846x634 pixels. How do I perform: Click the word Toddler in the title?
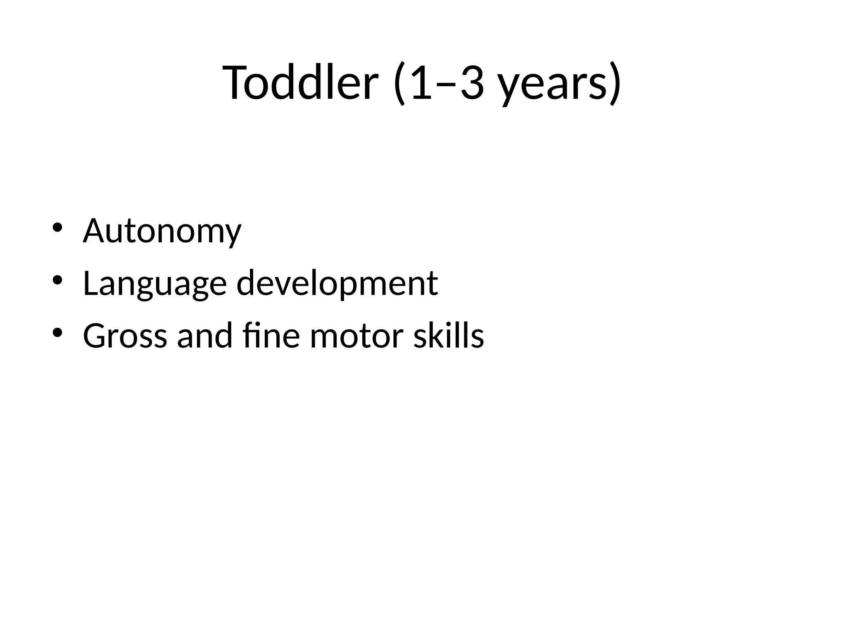click(x=300, y=83)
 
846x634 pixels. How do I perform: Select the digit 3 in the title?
click(x=472, y=83)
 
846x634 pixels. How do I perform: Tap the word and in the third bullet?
click(x=204, y=335)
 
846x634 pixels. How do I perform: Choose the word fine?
click(x=271, y=335)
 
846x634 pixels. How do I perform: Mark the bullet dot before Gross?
click(x=57, y=332)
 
